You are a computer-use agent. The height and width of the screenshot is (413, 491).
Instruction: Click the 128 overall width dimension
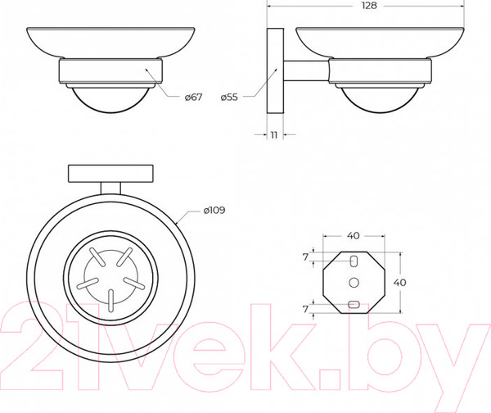pyautogui.click(x=369, y=6)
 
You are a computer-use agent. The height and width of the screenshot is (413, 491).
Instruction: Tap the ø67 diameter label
pyautogui.click(x=193, y=98)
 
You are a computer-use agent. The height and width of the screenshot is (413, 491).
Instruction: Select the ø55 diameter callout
pyautogui.click(x=229, y=98)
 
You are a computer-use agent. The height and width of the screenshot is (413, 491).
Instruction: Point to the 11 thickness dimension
pyautogui.click(x=274, y=135)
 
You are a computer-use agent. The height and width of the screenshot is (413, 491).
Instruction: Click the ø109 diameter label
pyautogui.click(x=214, y=210)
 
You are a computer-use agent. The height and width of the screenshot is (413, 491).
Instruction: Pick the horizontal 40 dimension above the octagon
pyautogui.click(x=354, y=235)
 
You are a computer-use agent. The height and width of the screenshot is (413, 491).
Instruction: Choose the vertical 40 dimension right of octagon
pyautogui.click(x=399, y=283)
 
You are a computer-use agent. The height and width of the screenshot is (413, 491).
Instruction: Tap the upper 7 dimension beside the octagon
pyautogui.click(x=305, y=257)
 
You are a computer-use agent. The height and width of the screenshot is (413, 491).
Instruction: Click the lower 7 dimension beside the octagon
pyautogui.click(x=305, y=309)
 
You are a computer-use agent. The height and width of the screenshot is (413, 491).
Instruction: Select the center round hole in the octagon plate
pyautogui.click(x=354, y=283)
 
